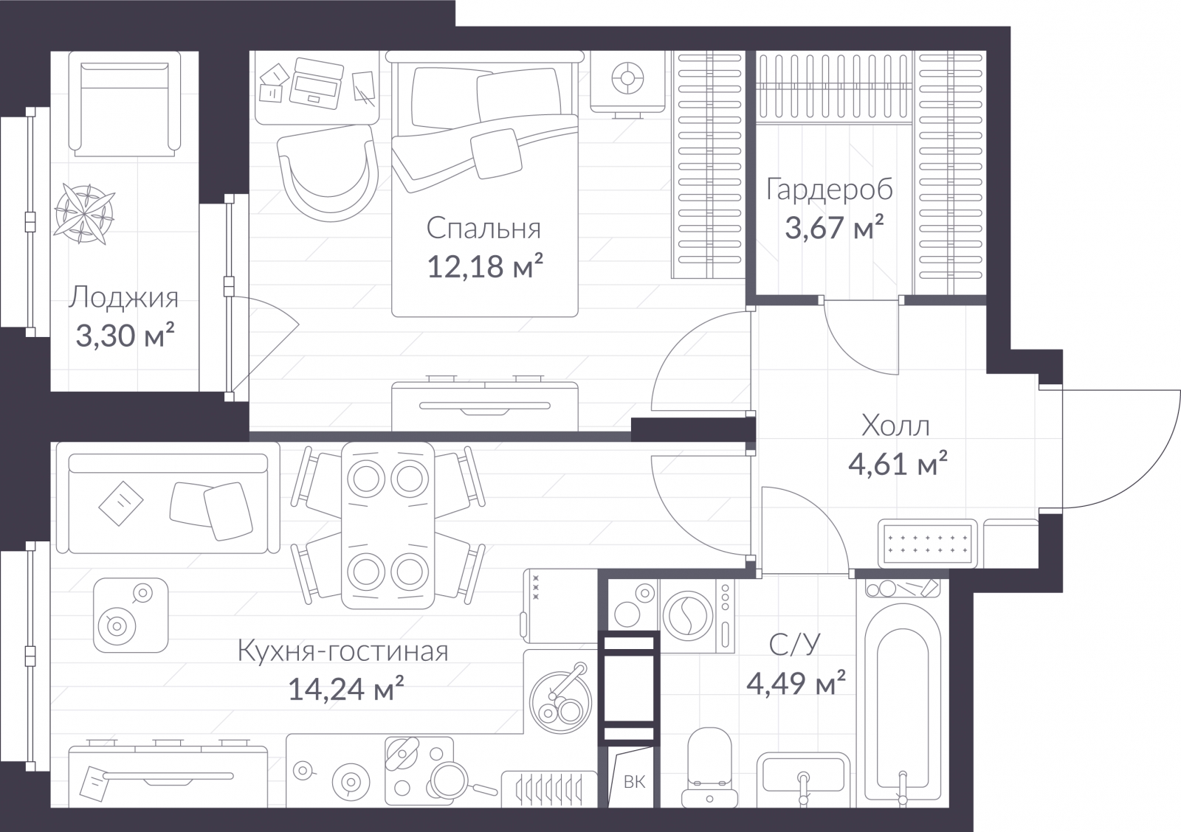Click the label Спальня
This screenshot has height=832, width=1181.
(x=483, y=229)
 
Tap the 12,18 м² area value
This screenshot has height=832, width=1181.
(x=484, y=266)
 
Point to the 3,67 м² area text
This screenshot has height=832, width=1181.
(x=835, y=228)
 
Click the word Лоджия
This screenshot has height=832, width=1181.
(x=123, y=298)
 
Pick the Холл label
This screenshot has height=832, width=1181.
(x=896, y=426)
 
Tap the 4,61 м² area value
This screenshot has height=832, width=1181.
(x=898, y=464)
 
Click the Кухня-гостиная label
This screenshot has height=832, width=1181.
(x=343, y=651)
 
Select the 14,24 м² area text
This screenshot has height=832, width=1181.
(x=346, y=688)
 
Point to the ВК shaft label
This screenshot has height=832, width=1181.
(x=634, y=782)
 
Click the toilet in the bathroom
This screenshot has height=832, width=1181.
(x=709, y=769)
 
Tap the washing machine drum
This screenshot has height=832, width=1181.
(x=688, y=616)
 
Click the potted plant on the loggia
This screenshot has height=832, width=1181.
(x=85, y=213)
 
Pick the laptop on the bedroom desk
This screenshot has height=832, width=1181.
(x=317, y=83)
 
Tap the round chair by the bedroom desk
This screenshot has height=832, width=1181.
(x=328, y=173)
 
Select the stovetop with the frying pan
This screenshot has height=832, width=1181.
(x=420, y=771)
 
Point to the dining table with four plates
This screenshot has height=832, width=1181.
(x=388, y=525)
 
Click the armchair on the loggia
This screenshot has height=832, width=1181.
(x=125, y=104)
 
